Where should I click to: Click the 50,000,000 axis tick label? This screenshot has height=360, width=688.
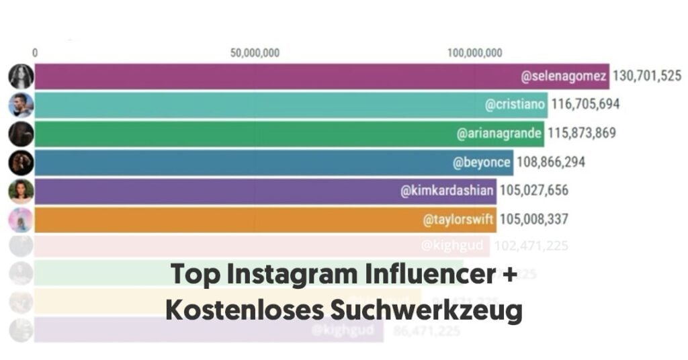pyautogui.click(x=255, y=54)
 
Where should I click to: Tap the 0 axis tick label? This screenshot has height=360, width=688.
pyautogui.click(x=35, y=54)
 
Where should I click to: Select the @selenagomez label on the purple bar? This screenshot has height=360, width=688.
pyautogui.click(x=563, y=77)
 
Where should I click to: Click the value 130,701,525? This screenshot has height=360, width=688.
pyautogui.click(x=647, y=77)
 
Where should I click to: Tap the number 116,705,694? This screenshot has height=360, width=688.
pyautogui.click(x=585, y=105)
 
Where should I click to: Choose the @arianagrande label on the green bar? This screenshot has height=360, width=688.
pyautogui.click(x=500, y=134)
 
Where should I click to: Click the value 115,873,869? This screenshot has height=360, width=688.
pyautogui.click(x=582, y=134)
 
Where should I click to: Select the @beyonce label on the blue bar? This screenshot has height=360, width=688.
pyautogui.click(x=482, y=162)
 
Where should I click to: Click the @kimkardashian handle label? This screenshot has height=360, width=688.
pyautogui.click(x=447, y=191)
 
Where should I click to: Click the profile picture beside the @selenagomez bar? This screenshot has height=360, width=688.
pyautogui.click(x=21, y=77)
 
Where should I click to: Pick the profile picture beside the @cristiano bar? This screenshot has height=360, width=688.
pyautogui.click(x=21, y=105)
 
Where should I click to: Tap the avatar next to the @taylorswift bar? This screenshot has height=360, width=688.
pyautogui.click(x=21, y=219)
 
